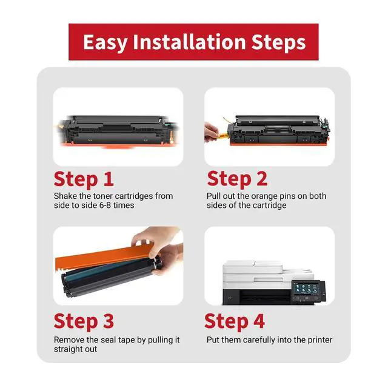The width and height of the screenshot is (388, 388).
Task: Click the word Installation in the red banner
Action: click(x=189, y=42)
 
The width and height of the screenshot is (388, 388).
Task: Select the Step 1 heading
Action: click(x=84, y=180)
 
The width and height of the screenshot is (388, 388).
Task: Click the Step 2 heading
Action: click(x=237, y=179)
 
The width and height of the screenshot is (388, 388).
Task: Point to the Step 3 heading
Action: click(x=84, y=322)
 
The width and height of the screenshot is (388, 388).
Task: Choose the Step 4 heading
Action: click(x=235, y=322)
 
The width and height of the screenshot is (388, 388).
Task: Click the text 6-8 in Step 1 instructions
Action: click(x=99, y=205)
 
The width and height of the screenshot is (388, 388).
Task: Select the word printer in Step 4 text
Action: click(x=320, y=340)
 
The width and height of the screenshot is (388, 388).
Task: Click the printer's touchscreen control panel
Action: click(x=306, y=289)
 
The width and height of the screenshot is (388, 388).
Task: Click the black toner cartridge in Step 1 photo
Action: click(x=118, y=130)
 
